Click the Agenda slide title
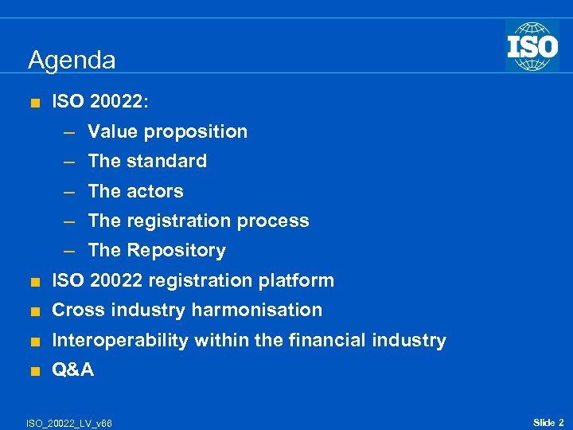72,61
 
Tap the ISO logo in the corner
532,45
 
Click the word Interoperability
119,341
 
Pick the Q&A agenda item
72,369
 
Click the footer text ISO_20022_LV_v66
70,423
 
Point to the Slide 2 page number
548,422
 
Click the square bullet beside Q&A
33,370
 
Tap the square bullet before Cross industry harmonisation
33,311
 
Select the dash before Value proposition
69,132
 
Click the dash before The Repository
69,251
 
